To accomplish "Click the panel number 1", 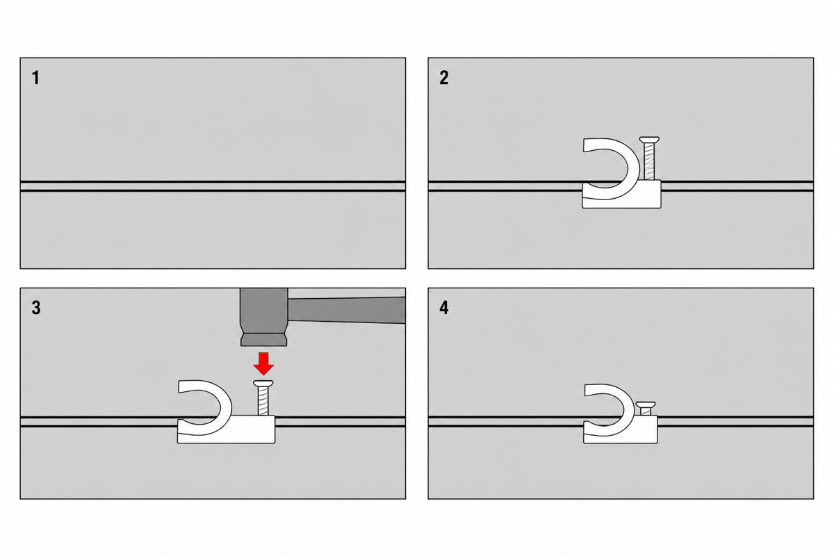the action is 35,78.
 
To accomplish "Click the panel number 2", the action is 444,78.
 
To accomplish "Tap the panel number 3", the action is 36,308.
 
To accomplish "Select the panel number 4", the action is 444,308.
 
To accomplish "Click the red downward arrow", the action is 263,363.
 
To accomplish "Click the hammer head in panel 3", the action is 263,316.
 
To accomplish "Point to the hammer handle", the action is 346,310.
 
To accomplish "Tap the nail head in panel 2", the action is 649,140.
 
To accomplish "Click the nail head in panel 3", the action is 263,383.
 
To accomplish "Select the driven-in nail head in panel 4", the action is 646,404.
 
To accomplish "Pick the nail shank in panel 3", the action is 263,401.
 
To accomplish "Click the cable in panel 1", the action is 213,186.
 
